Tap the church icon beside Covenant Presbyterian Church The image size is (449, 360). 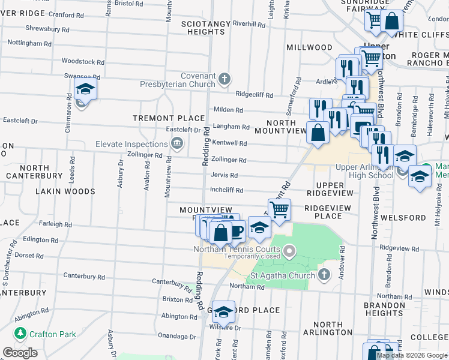coord(224,79)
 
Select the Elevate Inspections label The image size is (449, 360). coord(131,144)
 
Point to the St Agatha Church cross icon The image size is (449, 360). coord(324,275)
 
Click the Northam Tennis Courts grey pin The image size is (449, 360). coord(289,250)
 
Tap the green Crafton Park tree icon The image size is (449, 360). coord(19,333)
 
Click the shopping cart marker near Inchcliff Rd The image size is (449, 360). coord(279,210)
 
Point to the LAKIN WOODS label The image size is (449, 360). coord(65,191)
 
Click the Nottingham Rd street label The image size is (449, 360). coord(29,43)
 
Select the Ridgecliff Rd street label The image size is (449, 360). coord(254,95)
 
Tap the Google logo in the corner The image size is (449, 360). coord(20,352)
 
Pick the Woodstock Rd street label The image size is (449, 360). coord(83,61)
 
